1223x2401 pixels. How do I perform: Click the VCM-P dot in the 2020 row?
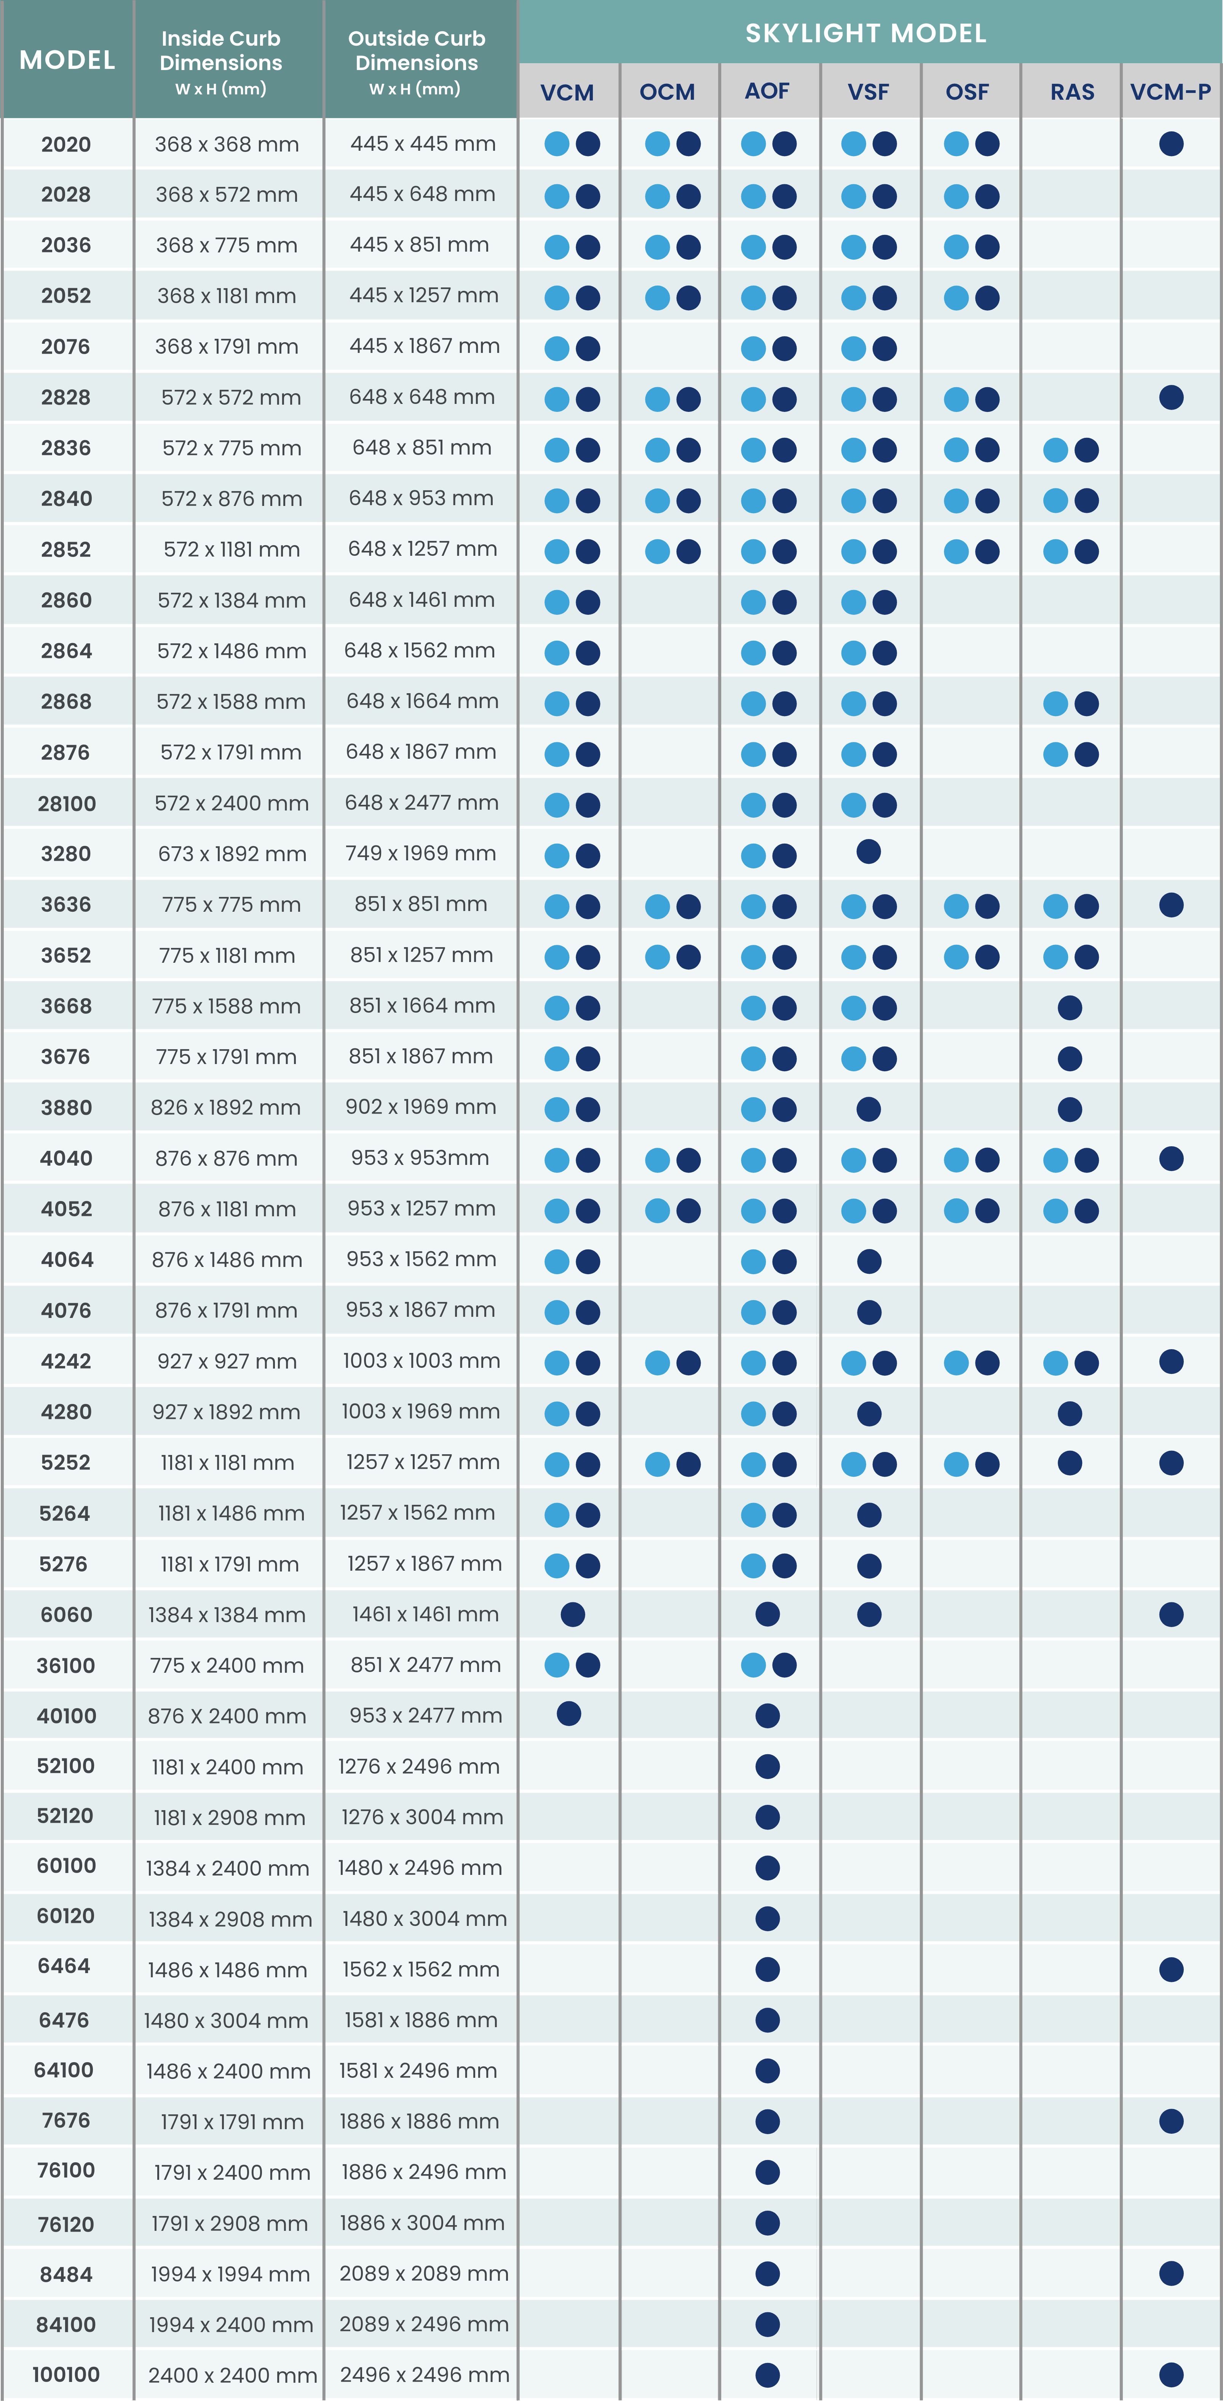click(x=1171, y=144)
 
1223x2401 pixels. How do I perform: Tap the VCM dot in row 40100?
click(x=568, y=1713)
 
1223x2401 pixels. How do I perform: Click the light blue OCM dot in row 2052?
click(x=657, y=297)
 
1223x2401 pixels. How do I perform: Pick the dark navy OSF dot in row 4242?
click(x=987, y=1363)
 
